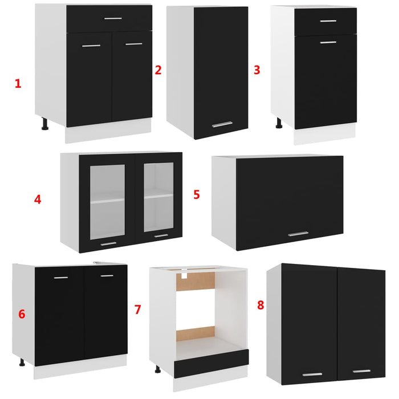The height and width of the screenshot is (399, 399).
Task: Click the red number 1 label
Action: [18, 84]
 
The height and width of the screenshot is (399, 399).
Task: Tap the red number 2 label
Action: [158, 70]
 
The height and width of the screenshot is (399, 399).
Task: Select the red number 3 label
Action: [257, 70]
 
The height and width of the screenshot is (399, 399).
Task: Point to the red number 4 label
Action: [38, 199]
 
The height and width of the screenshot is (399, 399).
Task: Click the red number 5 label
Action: [197, 194]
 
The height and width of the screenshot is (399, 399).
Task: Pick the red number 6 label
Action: [22, 314]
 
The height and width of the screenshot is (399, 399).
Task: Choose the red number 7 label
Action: [137, 310]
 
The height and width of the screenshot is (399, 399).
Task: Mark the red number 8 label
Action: [260, 305]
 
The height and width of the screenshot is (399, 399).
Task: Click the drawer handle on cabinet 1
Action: [113, 19]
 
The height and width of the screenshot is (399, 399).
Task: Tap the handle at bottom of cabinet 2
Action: [222, 124]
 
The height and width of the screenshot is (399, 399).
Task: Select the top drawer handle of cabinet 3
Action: [328, 21]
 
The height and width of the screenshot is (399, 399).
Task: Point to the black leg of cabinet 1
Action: [44, 124]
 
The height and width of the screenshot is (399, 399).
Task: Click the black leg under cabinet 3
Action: [279, 123]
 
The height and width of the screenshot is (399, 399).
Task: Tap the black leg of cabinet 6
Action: [22, 362]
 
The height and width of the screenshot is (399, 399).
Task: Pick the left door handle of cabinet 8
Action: [312, 374]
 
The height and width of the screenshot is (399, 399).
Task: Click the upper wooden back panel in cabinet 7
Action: [196, 282]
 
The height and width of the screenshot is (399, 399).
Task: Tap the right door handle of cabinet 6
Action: [107, 276]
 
